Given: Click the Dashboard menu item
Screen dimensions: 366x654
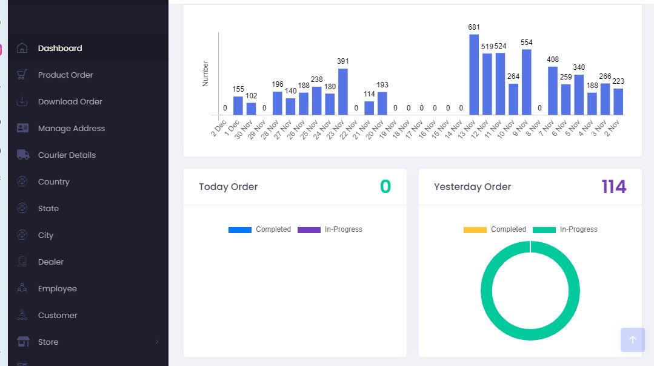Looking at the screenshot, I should click(59, 48).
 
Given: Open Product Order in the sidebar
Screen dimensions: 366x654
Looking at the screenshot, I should click(65, 75).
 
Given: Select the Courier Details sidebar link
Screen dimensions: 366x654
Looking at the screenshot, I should click(67, 155).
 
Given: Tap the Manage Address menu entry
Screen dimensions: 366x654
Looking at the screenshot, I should click(71, 128).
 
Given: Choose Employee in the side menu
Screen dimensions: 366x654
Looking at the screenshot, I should click(57, 288).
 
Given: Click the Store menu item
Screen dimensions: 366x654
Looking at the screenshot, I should click(48, 342).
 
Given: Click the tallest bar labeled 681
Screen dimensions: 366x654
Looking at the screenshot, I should click(474, 75).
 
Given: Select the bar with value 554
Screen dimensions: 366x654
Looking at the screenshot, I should click(526, 82).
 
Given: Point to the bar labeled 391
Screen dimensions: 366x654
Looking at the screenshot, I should click(343, 92).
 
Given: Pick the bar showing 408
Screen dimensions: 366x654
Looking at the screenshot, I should click(552, 90).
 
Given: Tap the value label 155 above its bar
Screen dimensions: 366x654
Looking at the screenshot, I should click(238, 89).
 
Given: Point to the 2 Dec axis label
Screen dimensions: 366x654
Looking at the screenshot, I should click(219, 128).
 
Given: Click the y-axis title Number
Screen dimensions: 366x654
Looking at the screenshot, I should click(205, 73).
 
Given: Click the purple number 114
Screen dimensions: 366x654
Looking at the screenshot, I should click(613, 187).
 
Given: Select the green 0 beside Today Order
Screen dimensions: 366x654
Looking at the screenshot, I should click(385, 187).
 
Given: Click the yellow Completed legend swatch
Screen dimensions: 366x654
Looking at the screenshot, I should click(475, 230).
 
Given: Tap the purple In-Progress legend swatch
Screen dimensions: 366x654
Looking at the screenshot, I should click(309, 230).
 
